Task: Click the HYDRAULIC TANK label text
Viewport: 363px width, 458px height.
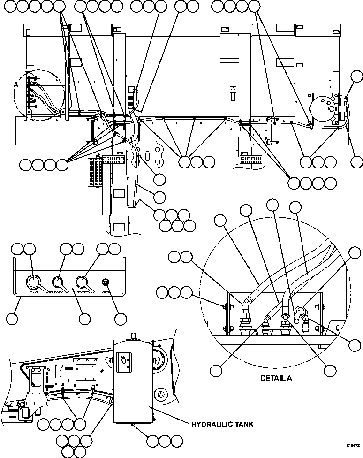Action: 222,425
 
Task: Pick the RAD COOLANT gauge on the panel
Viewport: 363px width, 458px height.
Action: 58,282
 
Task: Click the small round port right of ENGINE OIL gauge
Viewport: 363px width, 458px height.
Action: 106,282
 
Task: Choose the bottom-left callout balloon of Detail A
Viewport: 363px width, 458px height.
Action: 216,369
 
